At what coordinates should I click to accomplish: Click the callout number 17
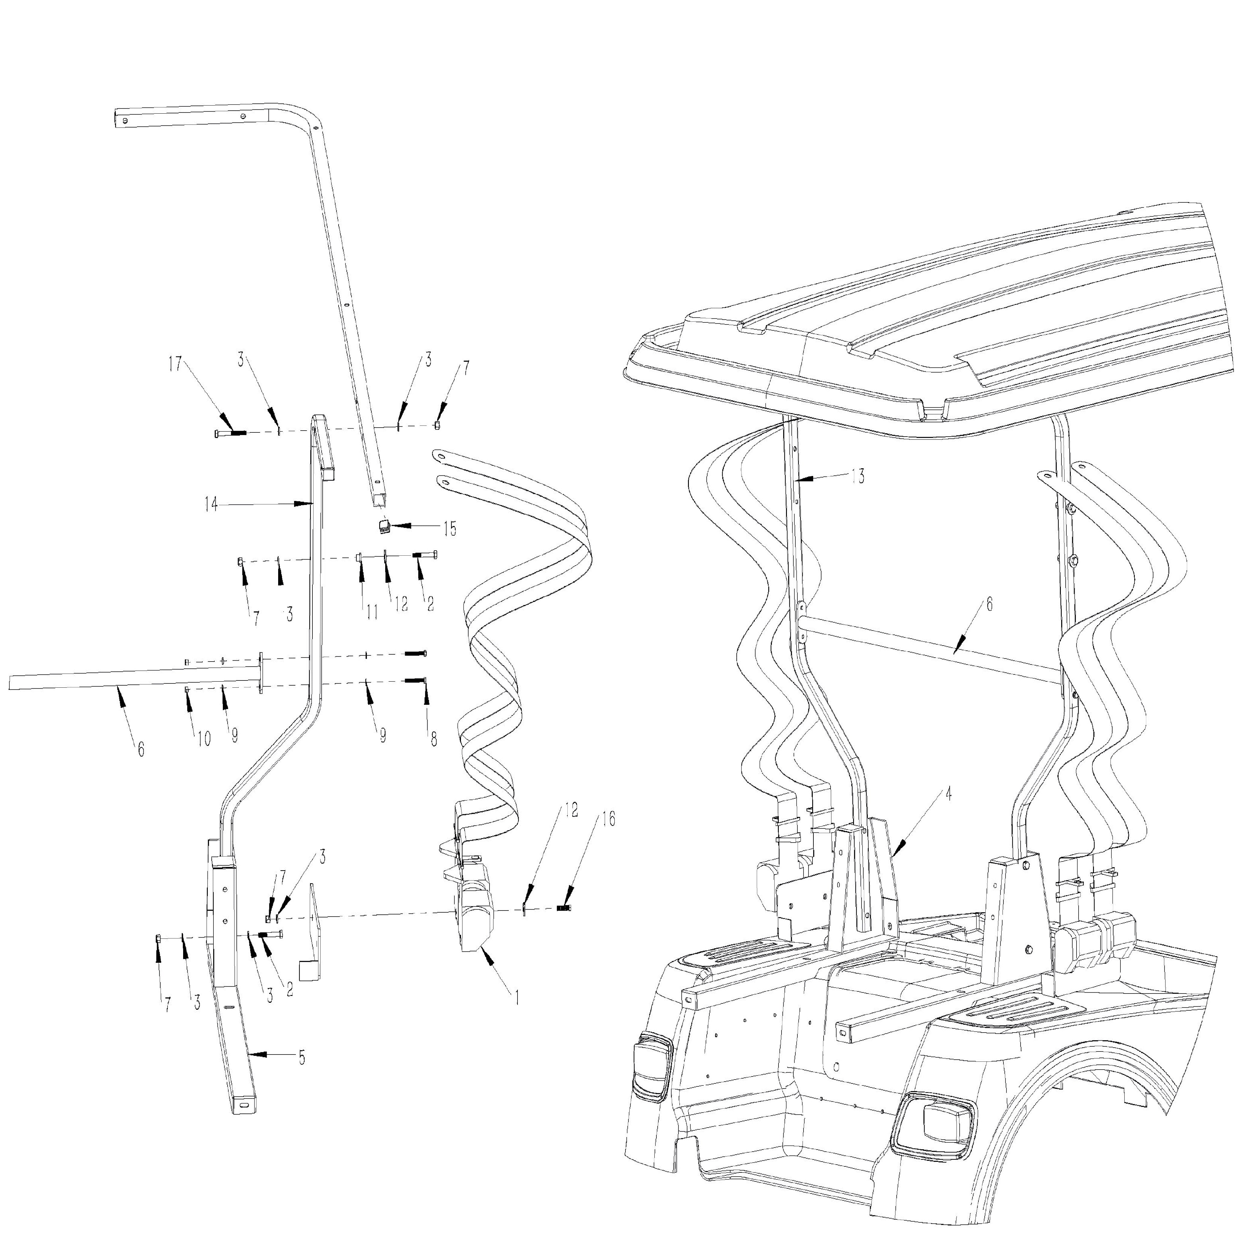coord(175,364)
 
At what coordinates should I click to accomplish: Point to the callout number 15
coord(450,529)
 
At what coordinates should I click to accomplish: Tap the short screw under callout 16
coord(564,908)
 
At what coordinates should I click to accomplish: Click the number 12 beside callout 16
coord(571,810)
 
